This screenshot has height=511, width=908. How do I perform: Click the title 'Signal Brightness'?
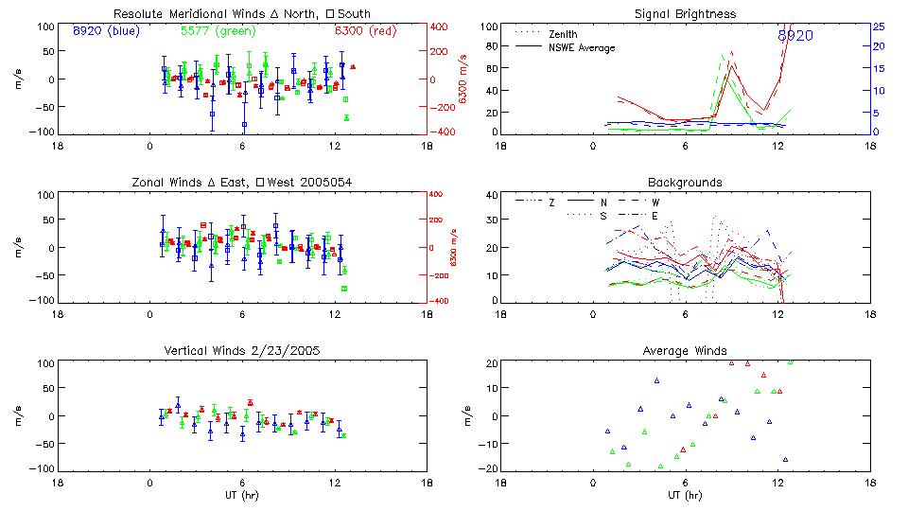(686, 14)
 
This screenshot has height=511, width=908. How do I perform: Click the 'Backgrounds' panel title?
(686, 182)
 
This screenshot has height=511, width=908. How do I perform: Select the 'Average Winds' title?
(686, 350)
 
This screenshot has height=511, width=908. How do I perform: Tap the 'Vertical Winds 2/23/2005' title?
(243, 350)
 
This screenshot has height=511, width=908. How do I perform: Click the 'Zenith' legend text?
(564, 34)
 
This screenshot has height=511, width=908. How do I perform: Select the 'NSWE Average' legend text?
(582, 47)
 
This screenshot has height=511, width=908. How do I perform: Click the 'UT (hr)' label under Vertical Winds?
(243, 496)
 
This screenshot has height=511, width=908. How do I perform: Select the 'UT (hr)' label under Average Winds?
(686, 496)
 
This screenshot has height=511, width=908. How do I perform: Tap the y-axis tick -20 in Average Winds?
(489, 468)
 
